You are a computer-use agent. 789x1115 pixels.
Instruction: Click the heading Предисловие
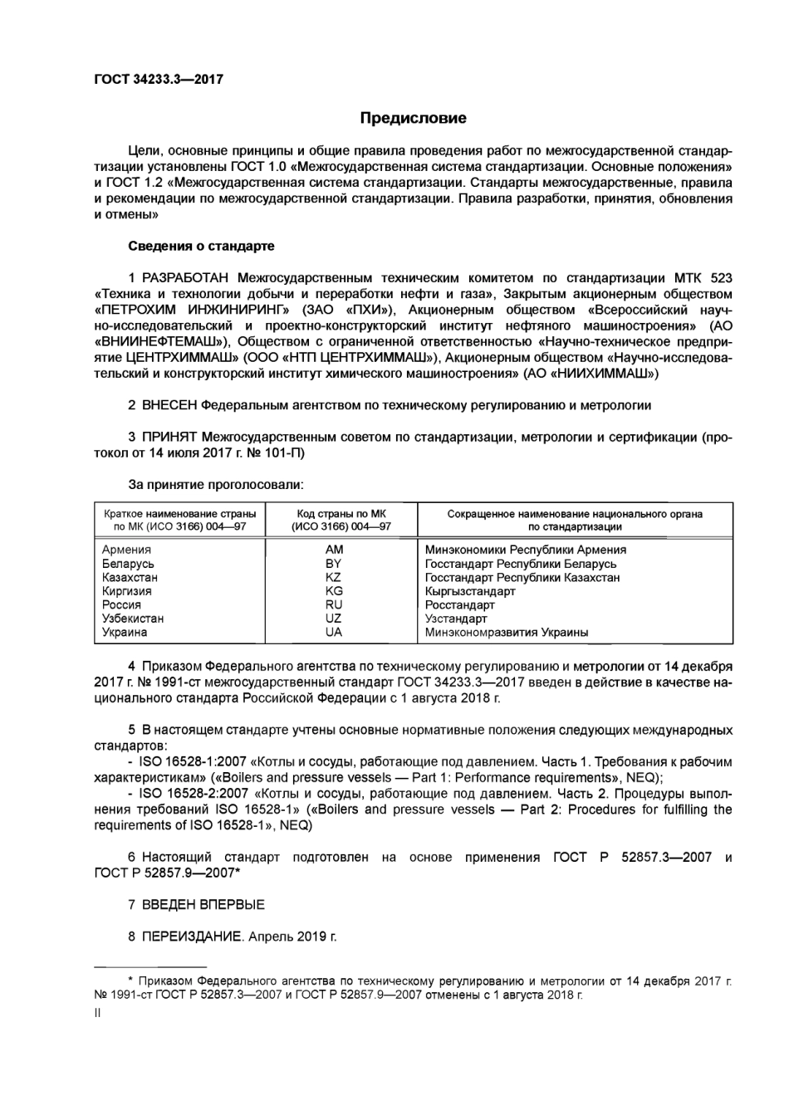point(413,118)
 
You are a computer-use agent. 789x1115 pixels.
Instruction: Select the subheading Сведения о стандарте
point(201,246)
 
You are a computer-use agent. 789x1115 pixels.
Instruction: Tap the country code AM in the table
point(334,550)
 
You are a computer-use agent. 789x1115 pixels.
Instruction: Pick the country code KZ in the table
point(334,577)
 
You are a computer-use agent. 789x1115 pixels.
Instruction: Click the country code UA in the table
point(334,632)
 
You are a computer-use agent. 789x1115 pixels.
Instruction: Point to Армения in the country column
point(126,550)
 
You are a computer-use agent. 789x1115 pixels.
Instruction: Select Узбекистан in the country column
point(133,619)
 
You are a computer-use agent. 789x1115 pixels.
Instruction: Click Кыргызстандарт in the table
point(470,591)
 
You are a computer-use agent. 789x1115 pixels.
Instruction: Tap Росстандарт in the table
point(460,605)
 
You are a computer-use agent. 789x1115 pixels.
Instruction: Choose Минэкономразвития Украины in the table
point(507,632)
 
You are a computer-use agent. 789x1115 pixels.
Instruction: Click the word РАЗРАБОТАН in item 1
point(187,277)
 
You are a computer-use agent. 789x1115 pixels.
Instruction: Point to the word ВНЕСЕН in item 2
point(170,405)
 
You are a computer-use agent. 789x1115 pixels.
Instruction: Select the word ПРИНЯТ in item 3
point(169,437)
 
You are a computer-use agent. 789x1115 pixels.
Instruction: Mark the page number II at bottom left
point(97,1013)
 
